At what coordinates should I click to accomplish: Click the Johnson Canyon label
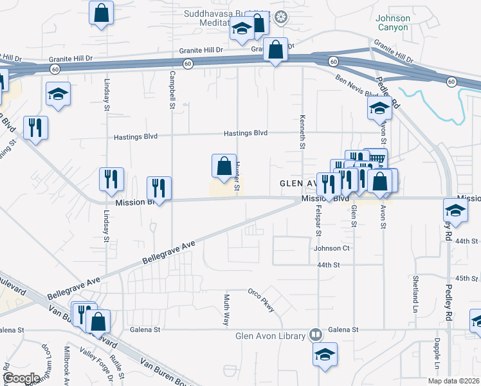pos(392,23)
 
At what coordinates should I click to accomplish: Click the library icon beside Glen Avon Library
pos(315,335)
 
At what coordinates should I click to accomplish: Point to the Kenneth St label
pos(302,131)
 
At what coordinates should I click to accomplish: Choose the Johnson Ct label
pos(331,248)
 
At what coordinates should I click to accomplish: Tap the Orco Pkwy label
pos(262,299)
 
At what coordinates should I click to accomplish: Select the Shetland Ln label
pos(416,289)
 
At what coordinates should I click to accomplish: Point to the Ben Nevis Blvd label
pos(354,86)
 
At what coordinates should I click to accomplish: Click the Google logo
pos(21,378)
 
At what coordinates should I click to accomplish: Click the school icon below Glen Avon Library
pos(325,354)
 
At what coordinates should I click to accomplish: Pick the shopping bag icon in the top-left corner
pos(102,13)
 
